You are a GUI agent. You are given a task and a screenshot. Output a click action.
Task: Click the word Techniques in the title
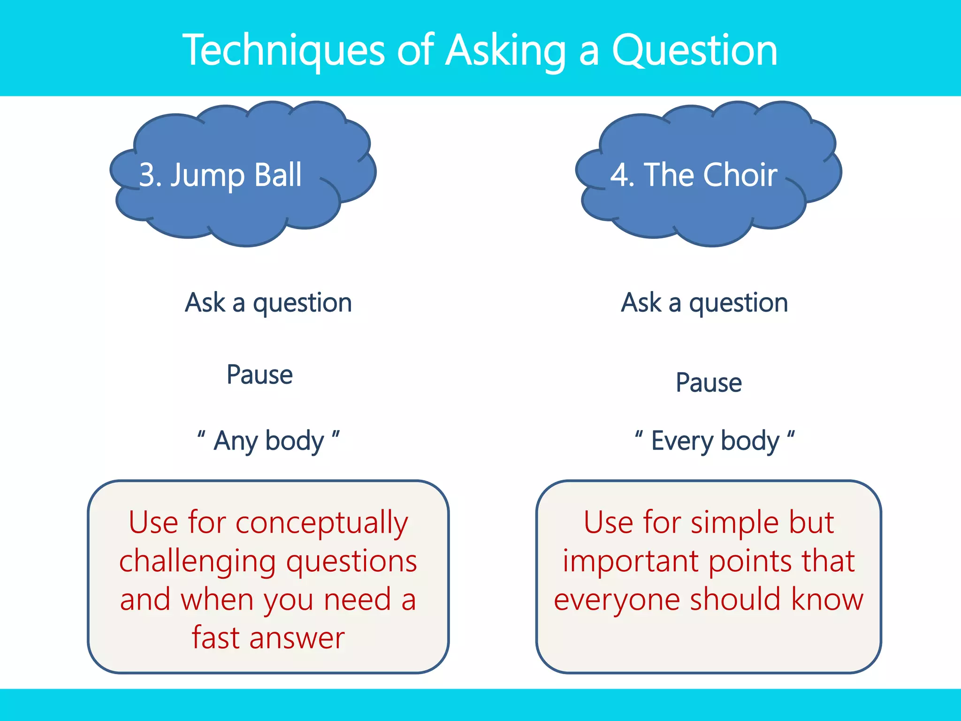(x=283, y=51)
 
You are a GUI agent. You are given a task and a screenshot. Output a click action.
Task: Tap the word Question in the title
(x=694, y=51)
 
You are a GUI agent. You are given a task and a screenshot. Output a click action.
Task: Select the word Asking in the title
(x=506, y=51)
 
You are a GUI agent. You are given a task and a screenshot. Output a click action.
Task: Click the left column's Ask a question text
(x=268, y=303)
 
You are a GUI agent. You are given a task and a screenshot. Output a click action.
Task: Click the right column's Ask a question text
(x=704, y=303)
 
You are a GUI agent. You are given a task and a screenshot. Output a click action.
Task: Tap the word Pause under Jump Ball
(x=259, y=375)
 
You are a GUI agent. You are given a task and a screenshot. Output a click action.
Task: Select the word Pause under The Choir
(x=709, y=383)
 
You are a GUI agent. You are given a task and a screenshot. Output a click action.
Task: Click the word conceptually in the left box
(x=322, y=523)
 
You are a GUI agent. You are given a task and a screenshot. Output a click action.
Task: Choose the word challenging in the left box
(x=197, y=561)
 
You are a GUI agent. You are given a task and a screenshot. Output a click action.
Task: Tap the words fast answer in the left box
(x=268, y=638)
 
